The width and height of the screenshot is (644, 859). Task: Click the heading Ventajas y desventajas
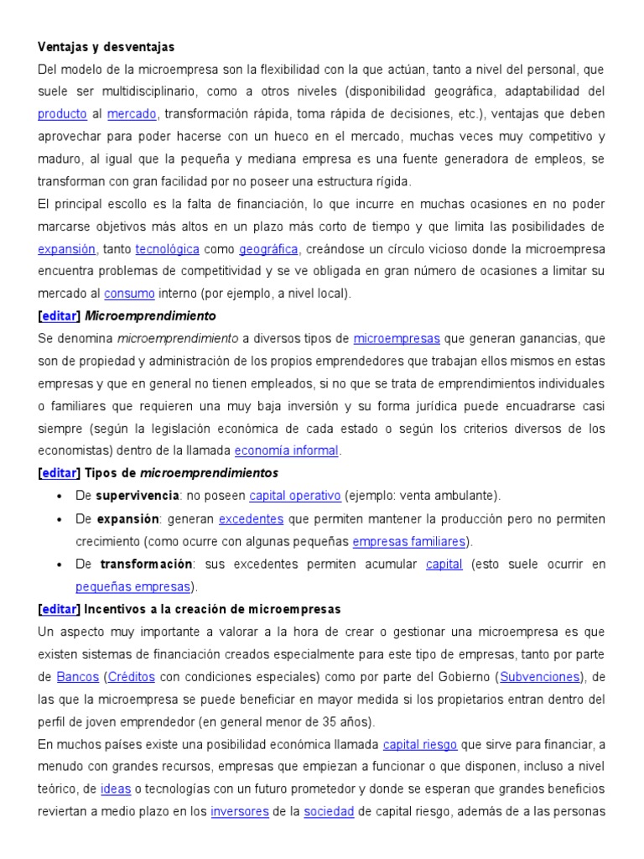[106, 47]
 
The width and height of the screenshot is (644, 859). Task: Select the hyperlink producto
[62, 113]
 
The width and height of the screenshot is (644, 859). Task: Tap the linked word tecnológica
[167, 249]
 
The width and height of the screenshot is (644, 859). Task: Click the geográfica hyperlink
[268, 249]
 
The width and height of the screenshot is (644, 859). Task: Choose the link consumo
[129, 294]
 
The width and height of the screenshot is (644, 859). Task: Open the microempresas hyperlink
[397, 339]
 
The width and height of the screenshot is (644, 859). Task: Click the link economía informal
[286, 450]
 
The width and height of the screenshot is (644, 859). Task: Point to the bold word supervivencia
[137, 496]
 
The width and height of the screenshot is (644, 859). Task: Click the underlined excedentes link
[251, 518]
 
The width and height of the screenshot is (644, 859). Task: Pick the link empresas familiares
[411, 541]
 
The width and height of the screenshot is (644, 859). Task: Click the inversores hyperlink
[240, 812]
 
